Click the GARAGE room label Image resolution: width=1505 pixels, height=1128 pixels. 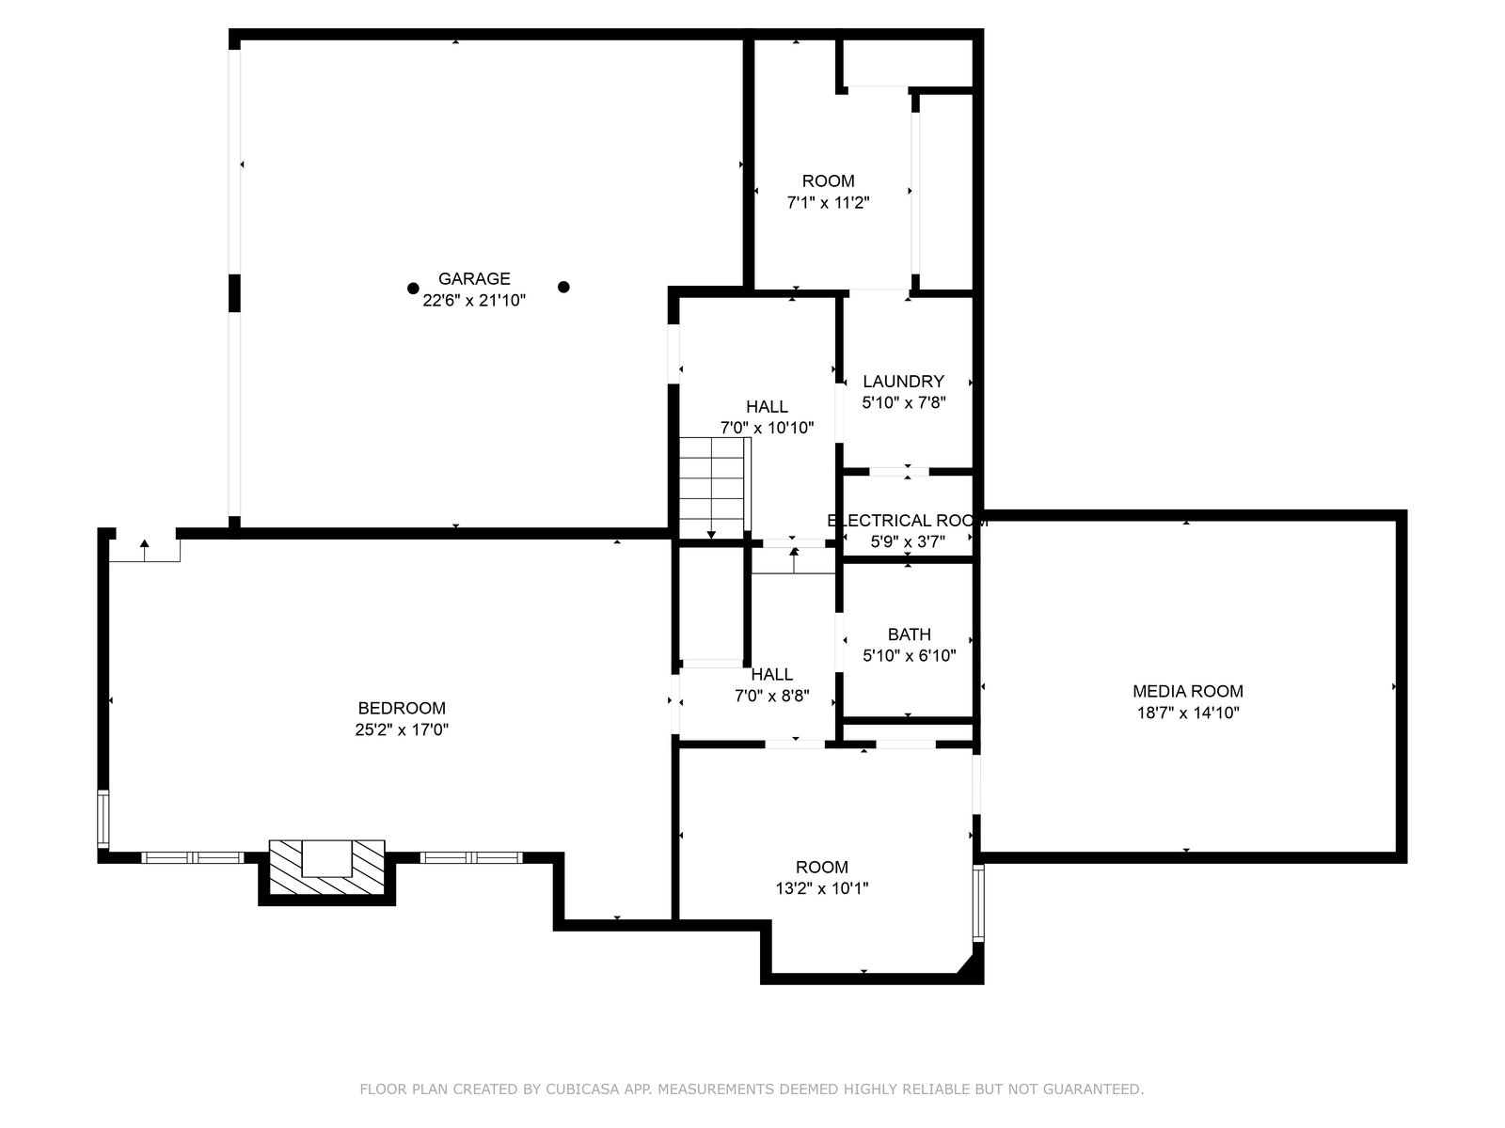tap(474, 279)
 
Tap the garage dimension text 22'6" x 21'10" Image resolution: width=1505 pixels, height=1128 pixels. tap(474, 300)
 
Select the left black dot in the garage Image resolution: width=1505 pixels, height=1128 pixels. tap(413, 289)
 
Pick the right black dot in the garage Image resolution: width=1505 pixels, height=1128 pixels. tap(563, 287)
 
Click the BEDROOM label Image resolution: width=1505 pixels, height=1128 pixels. tap(402, 708)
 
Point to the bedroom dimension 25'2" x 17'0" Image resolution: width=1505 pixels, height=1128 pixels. tap(402, 729)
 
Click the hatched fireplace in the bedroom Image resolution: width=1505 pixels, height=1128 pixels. tap(327, 867)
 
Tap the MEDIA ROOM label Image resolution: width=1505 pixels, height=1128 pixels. tap(1188, 691)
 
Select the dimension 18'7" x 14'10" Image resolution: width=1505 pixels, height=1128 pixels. tap(1188, 713)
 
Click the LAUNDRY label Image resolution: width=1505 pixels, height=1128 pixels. tap(903, 381)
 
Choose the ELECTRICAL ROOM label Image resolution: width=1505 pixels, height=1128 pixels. tap(907, 521)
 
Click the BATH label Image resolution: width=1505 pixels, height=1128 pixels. tap(910, 634)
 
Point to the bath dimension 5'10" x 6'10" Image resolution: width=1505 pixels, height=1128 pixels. tap(910, 655)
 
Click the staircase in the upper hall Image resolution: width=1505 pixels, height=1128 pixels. tap(713, 488)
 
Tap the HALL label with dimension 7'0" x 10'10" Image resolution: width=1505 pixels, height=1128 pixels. tap(767, 407)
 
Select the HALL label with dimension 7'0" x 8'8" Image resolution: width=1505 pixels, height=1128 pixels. tap(771, 675)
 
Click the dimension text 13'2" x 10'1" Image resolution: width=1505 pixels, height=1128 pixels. tap(821, 888)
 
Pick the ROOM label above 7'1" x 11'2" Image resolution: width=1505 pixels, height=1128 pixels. tap(829, 181)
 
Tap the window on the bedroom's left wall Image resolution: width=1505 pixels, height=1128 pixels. tap(103, 819)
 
